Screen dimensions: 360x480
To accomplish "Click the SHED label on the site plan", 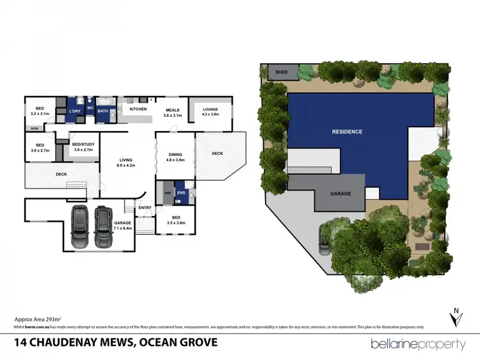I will pyautogui.click(x=282, y=72).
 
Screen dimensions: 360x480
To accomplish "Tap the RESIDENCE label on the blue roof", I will pyautogui.click(x=347, y=132).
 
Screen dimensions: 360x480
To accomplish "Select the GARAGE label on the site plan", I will pyautogui.click(x=340, y=192).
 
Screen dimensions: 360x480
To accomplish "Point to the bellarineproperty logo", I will pyautogui.click(x=419, y=344).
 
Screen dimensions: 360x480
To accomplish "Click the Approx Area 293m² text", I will pyautogui.click(x=37, y=318).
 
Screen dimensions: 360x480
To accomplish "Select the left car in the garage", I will pyautogui.click(x=80, y=227).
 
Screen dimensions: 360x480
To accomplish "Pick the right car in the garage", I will pyautogui.click(x=104, y=227).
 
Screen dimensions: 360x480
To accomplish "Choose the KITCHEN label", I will pyautogui.click(x=138, y=109).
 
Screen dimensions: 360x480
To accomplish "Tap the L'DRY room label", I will pyautogui.click(x=76, y=111).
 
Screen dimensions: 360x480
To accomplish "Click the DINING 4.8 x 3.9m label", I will pyautogui.click(x=175, y=157).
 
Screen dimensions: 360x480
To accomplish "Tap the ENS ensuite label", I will pyautogui.click(x=180, y=192).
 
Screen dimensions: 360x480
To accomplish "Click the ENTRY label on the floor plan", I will pyautogui.click(x=145, y=207).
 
